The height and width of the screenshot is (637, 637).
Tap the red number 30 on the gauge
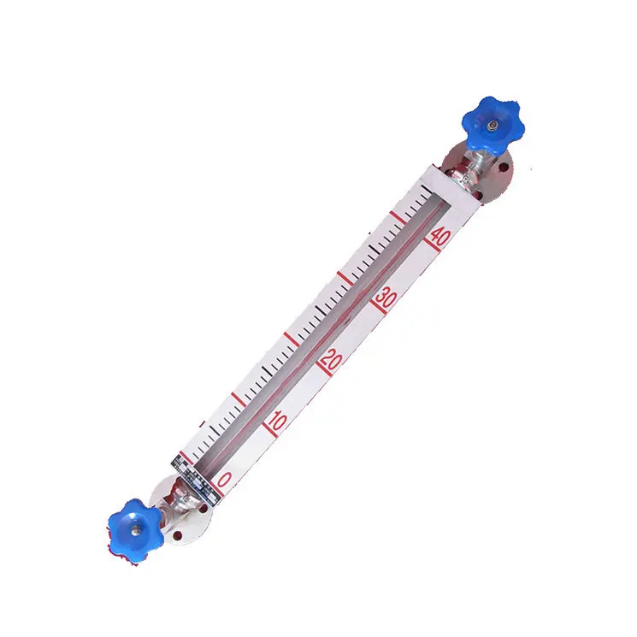click(x=386, y=298)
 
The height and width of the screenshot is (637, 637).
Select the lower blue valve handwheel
click(x=133, y=526)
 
